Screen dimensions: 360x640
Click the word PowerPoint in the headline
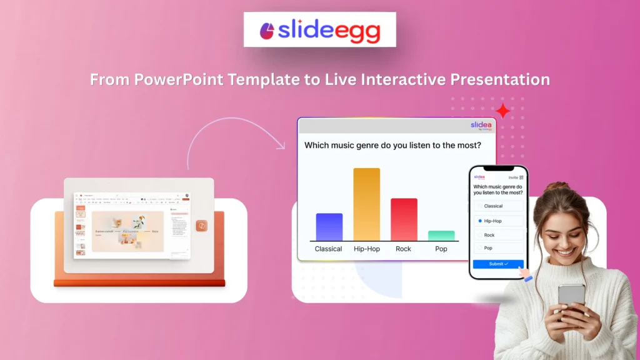(x=170, y=80)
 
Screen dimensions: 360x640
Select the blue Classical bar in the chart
(x=329, y=227)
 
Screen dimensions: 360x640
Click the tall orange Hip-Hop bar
(x=366, y=204)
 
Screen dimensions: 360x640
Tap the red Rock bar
(x=404, y=219)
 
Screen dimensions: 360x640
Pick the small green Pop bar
(x=441, y=236)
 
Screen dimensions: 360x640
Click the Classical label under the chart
(x=329, y=249)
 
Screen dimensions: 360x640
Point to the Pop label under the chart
(x=441, y=249)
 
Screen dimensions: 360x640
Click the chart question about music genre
(x=392, y=146)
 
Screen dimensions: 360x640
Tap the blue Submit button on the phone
(x=498, y=264)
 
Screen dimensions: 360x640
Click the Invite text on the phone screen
(x=513, y=177)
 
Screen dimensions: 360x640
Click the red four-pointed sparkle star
(x=502, y=112)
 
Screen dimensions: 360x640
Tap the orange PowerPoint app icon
(x=201, y=226)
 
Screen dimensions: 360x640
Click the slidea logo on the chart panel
(x=481, y=126)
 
